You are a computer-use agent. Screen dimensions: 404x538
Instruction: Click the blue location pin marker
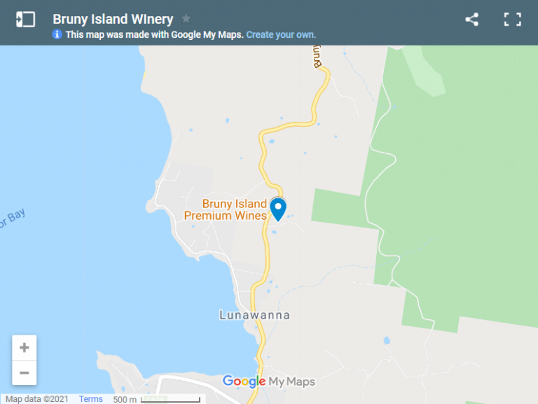coord(278,208)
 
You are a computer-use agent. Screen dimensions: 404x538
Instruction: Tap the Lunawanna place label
coord(254,315)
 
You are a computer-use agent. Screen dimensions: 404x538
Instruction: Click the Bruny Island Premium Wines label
coord(226,210)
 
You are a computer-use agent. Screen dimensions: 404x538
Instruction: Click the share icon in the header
coord(471,20)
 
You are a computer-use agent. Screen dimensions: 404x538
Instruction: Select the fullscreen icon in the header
coord(513,20)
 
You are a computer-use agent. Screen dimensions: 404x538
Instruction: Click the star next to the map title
coord(186,19)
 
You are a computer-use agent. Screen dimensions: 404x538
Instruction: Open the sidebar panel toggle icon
coord(25,20)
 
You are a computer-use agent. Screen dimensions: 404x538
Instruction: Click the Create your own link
coord(281,34)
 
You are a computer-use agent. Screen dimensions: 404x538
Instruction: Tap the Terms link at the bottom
coord(91,399)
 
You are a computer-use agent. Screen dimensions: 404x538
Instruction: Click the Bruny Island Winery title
coord(113,19)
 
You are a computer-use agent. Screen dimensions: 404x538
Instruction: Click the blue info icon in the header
coord(57,34)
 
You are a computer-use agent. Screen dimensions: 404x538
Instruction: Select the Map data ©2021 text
coord(36,399)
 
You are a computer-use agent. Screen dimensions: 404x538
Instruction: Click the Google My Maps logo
coord(269,382)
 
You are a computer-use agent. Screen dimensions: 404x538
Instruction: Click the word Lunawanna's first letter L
coord(223,315)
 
